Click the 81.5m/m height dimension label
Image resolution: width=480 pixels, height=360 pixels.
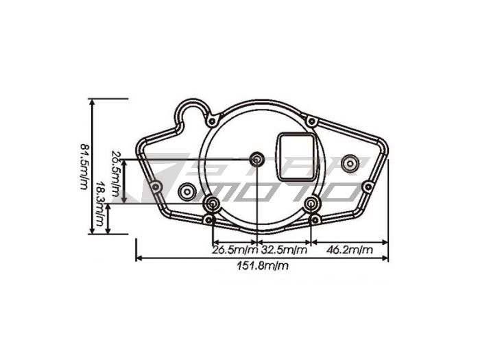coord(84,167)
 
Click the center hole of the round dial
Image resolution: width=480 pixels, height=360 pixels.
coord(257,160)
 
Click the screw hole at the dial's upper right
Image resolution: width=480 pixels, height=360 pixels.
coord(311,121)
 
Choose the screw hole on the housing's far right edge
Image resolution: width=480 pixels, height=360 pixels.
coord(368,187)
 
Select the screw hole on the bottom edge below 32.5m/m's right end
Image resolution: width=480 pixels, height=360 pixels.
coord(314,219)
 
